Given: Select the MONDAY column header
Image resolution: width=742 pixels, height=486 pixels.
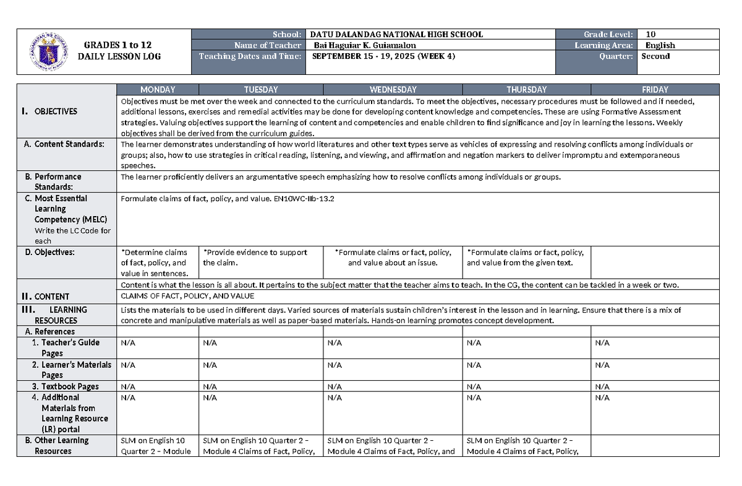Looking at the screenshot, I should (158, 90).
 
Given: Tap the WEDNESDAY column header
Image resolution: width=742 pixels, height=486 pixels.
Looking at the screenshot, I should (392, 90).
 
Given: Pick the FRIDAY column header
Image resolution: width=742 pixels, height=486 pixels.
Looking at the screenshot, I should (655, 90).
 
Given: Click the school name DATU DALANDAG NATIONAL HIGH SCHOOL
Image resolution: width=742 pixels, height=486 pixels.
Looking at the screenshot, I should (396, 35).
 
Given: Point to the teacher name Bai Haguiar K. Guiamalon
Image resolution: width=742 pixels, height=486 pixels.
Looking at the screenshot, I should (365, 45).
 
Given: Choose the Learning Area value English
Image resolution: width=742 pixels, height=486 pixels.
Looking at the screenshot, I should (660, 45).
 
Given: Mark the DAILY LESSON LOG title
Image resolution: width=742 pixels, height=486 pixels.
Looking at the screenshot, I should (119, 56).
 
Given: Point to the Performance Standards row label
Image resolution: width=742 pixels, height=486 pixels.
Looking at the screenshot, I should (58, 181).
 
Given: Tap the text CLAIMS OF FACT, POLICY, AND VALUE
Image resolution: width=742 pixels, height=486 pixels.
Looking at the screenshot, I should (187, 297).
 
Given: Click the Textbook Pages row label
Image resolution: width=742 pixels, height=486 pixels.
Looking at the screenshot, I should (69, 387).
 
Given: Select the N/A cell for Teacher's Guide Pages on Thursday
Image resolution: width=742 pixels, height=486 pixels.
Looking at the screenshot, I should (474, 343).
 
